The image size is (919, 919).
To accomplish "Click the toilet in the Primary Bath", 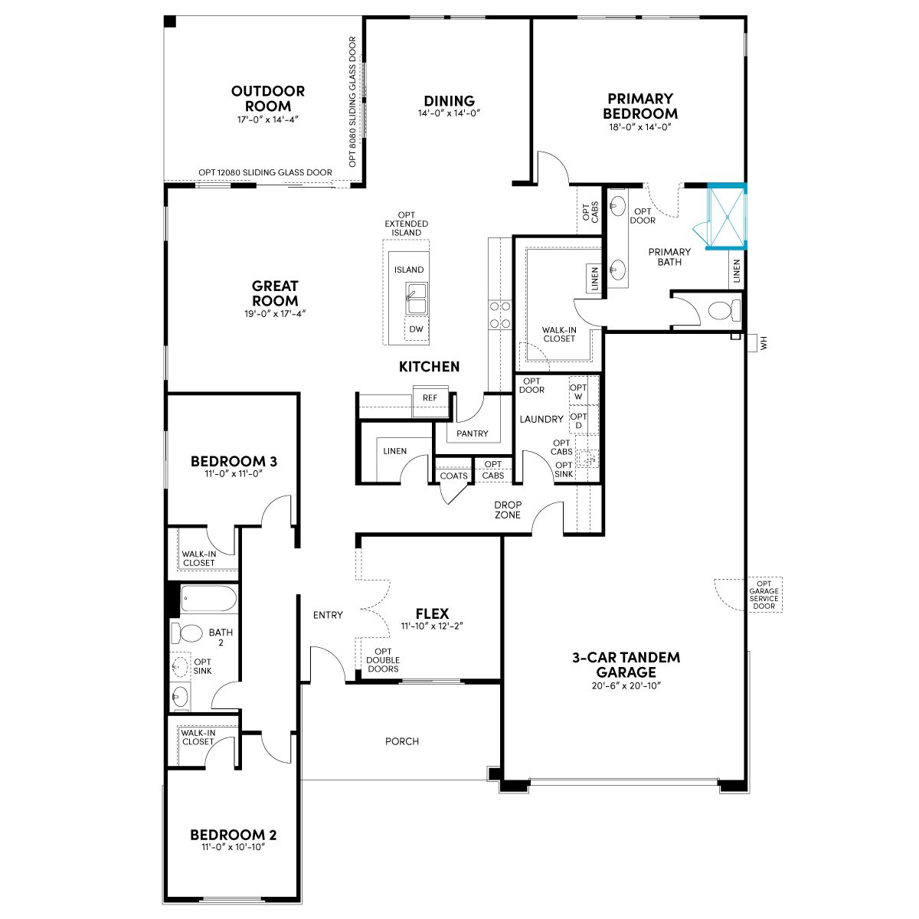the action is click(x=724, y=310).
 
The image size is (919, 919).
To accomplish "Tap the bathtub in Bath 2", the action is click(x=208, y=599).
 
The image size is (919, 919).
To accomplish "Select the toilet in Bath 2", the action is click(x=187, y=633).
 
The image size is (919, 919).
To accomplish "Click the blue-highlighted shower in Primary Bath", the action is click(x=726, y=217).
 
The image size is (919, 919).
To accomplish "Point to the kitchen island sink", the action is click(x=416, y=299).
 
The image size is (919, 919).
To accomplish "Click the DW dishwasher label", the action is click(x=416, y=329).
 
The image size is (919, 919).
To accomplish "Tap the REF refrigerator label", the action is click(x=430, y=397).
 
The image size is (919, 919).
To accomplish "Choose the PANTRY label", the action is click(x=473, y=433).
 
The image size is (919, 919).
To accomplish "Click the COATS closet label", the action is click(x=453, y=476).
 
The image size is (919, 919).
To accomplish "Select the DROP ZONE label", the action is click(x=508, y=510).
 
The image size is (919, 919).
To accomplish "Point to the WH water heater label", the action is click(x=764, y=343).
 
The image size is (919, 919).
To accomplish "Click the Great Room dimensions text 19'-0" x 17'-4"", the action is click(x=275, y=313).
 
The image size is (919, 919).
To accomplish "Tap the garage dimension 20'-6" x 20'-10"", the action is click(x=626, y=685).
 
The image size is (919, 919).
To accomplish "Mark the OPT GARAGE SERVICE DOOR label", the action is click(x=764, y=595).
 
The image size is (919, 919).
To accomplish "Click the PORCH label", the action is click(x=402, y=741).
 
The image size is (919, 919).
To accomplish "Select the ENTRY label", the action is click(x=328, y=615).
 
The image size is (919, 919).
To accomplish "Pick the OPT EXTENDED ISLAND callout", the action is click(x=407, y=224).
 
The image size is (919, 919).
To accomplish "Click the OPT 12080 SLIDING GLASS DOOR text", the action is click(x=265, y=172).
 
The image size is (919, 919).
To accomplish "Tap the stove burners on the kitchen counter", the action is click(x=500, y=315).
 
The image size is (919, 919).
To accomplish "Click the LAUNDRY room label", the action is click(x=541, y=419).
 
